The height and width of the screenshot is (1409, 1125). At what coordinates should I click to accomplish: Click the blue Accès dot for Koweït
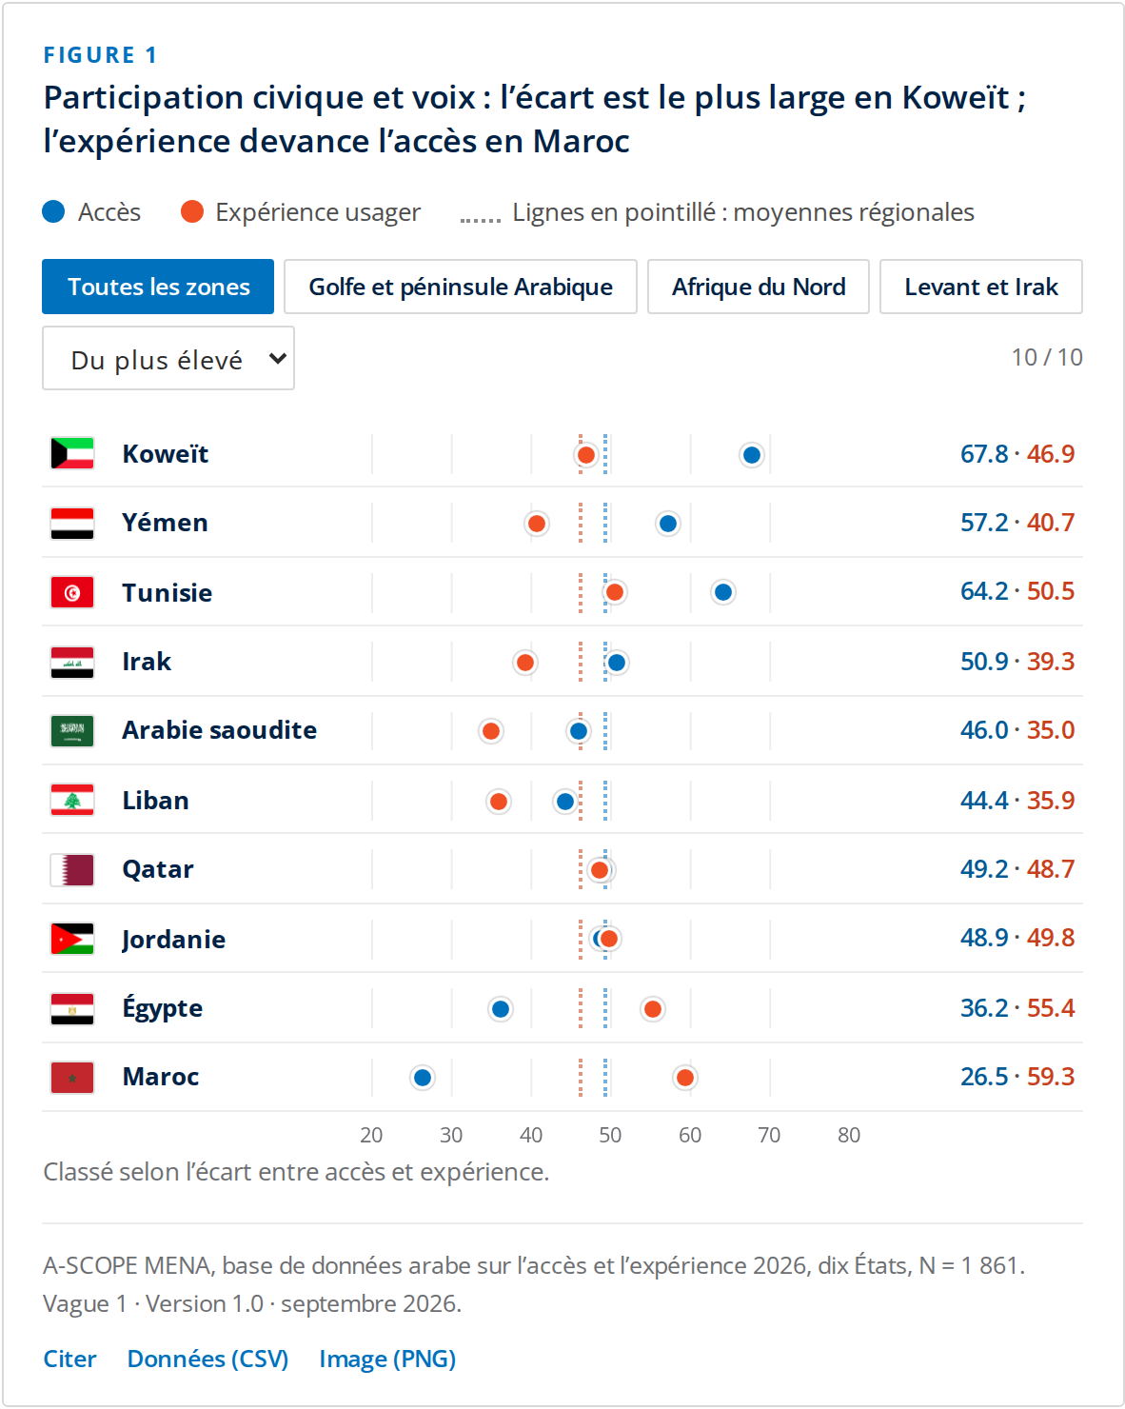(x=751, y=454)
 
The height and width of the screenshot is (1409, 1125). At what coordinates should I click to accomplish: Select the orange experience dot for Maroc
(x=684, y=1077)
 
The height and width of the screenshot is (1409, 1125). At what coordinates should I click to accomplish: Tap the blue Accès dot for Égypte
(x=501, y=1008)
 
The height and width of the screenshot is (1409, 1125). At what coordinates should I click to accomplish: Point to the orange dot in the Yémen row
(x=536, y=523)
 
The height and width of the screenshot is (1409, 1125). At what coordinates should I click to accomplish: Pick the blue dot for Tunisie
(x=723, y=592)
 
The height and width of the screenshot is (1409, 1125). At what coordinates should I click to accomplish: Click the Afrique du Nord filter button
(x=759, y=287)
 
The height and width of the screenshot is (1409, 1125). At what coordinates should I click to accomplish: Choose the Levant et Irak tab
(x=980, y=287)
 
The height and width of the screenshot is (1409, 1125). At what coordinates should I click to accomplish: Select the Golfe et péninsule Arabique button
(x=461, y=287)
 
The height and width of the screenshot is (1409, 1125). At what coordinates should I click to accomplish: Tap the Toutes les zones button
(x=158, y=287)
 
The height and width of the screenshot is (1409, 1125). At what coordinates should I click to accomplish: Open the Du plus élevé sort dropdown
(x=168, y=358)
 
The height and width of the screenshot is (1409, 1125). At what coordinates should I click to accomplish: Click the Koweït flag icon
(x=72, y=453)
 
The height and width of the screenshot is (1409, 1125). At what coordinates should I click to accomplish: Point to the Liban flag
(x=72, y=800)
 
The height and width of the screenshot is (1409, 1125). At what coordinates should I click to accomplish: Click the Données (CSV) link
(x=207, y=1358)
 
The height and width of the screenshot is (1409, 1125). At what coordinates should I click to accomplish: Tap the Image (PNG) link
(x=387, y=1358)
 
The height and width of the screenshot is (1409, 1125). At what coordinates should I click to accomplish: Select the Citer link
(x=69, y=1358)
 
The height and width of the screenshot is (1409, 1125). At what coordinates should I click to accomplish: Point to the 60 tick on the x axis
(x=689, y=1135)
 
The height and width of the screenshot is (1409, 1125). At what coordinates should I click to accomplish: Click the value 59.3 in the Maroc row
(x=1051, y=1077)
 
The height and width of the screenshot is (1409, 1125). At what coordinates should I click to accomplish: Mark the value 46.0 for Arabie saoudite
(x=984, y=729)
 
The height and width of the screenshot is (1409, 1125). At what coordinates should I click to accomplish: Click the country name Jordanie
(x=173, y=940)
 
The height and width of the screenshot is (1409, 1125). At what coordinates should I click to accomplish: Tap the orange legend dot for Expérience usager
(x=192, y=211)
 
